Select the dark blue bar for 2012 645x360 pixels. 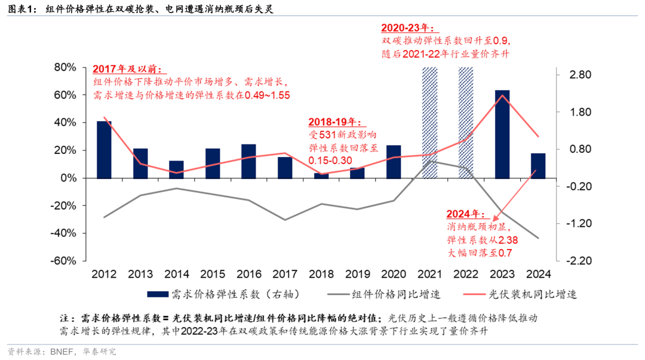tap(104, 149)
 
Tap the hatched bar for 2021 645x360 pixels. tap(429, 122)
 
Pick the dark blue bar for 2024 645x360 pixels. tap(538, 165)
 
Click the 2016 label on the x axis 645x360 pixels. tap(248, 274)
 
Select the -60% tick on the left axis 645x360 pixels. tap(64, 261)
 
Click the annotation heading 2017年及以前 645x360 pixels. tap(127, 69)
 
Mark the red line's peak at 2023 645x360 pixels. tap(502, 96)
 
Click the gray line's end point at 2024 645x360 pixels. tap(538, 238)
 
